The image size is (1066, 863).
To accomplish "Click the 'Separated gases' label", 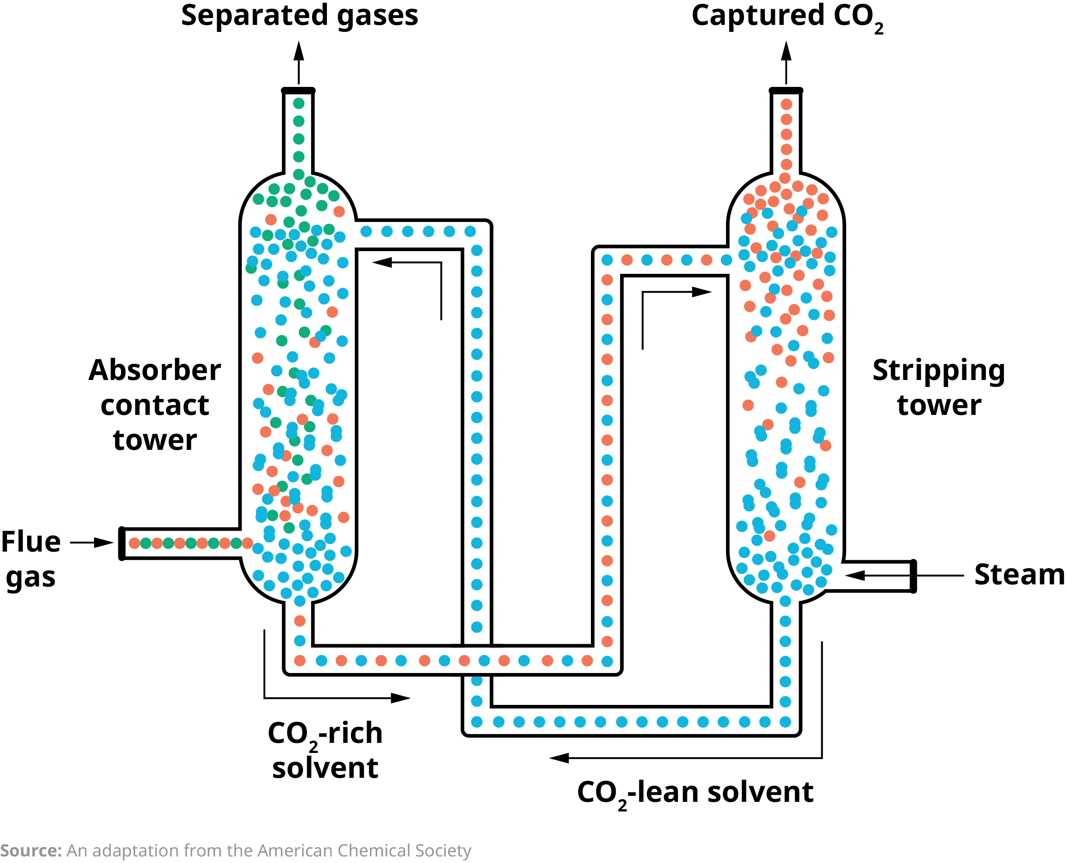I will pyautogui.click(x=299, y=16).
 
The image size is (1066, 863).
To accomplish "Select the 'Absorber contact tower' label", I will pyautogui.click(x=155, y=405).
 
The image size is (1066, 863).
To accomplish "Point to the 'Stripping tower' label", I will pyautogui.click(x=939, y=387).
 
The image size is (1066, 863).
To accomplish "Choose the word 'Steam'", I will pyautogui.click(x=1019, y=575).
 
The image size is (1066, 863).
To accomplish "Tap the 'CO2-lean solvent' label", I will pyautogui.click(x=695, y=792).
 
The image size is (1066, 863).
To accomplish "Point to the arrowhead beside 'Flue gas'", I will pyautogui.click(x=104, y=542).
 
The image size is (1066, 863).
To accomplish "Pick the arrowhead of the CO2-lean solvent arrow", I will pyautogui.click(x=559, y=758).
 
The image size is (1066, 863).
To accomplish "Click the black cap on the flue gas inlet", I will pyautogui.click(x=122, y=544).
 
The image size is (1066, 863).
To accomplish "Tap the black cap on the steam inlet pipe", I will pyautogui.click(x=913, y=576).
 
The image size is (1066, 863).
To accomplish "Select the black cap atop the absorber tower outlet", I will pyautogui.click(x=299, y=90).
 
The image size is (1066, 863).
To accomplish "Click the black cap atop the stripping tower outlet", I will pyautogui.click(x=786, y=90).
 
